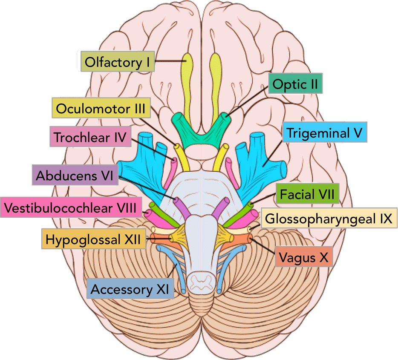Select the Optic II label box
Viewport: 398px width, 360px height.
pos(295,84)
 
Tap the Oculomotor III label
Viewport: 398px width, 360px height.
pos(101,108)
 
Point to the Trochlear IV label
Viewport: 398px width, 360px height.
pos(90,137)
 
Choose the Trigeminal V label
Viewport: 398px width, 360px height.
pos(325,132)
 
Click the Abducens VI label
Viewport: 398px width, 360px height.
pos(75,175)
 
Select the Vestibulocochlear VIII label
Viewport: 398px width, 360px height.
pos(71,207)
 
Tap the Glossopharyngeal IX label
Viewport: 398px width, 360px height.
pos(329,218)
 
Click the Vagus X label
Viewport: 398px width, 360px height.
pos(304,257)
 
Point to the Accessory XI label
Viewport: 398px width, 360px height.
pos(130,288)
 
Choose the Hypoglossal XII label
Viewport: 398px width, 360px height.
pos(94,239)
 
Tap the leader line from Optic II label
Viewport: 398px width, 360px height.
pos(247,102)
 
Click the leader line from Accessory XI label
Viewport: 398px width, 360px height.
pos(172,271)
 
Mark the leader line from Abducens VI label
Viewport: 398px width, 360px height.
pos(146,188)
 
